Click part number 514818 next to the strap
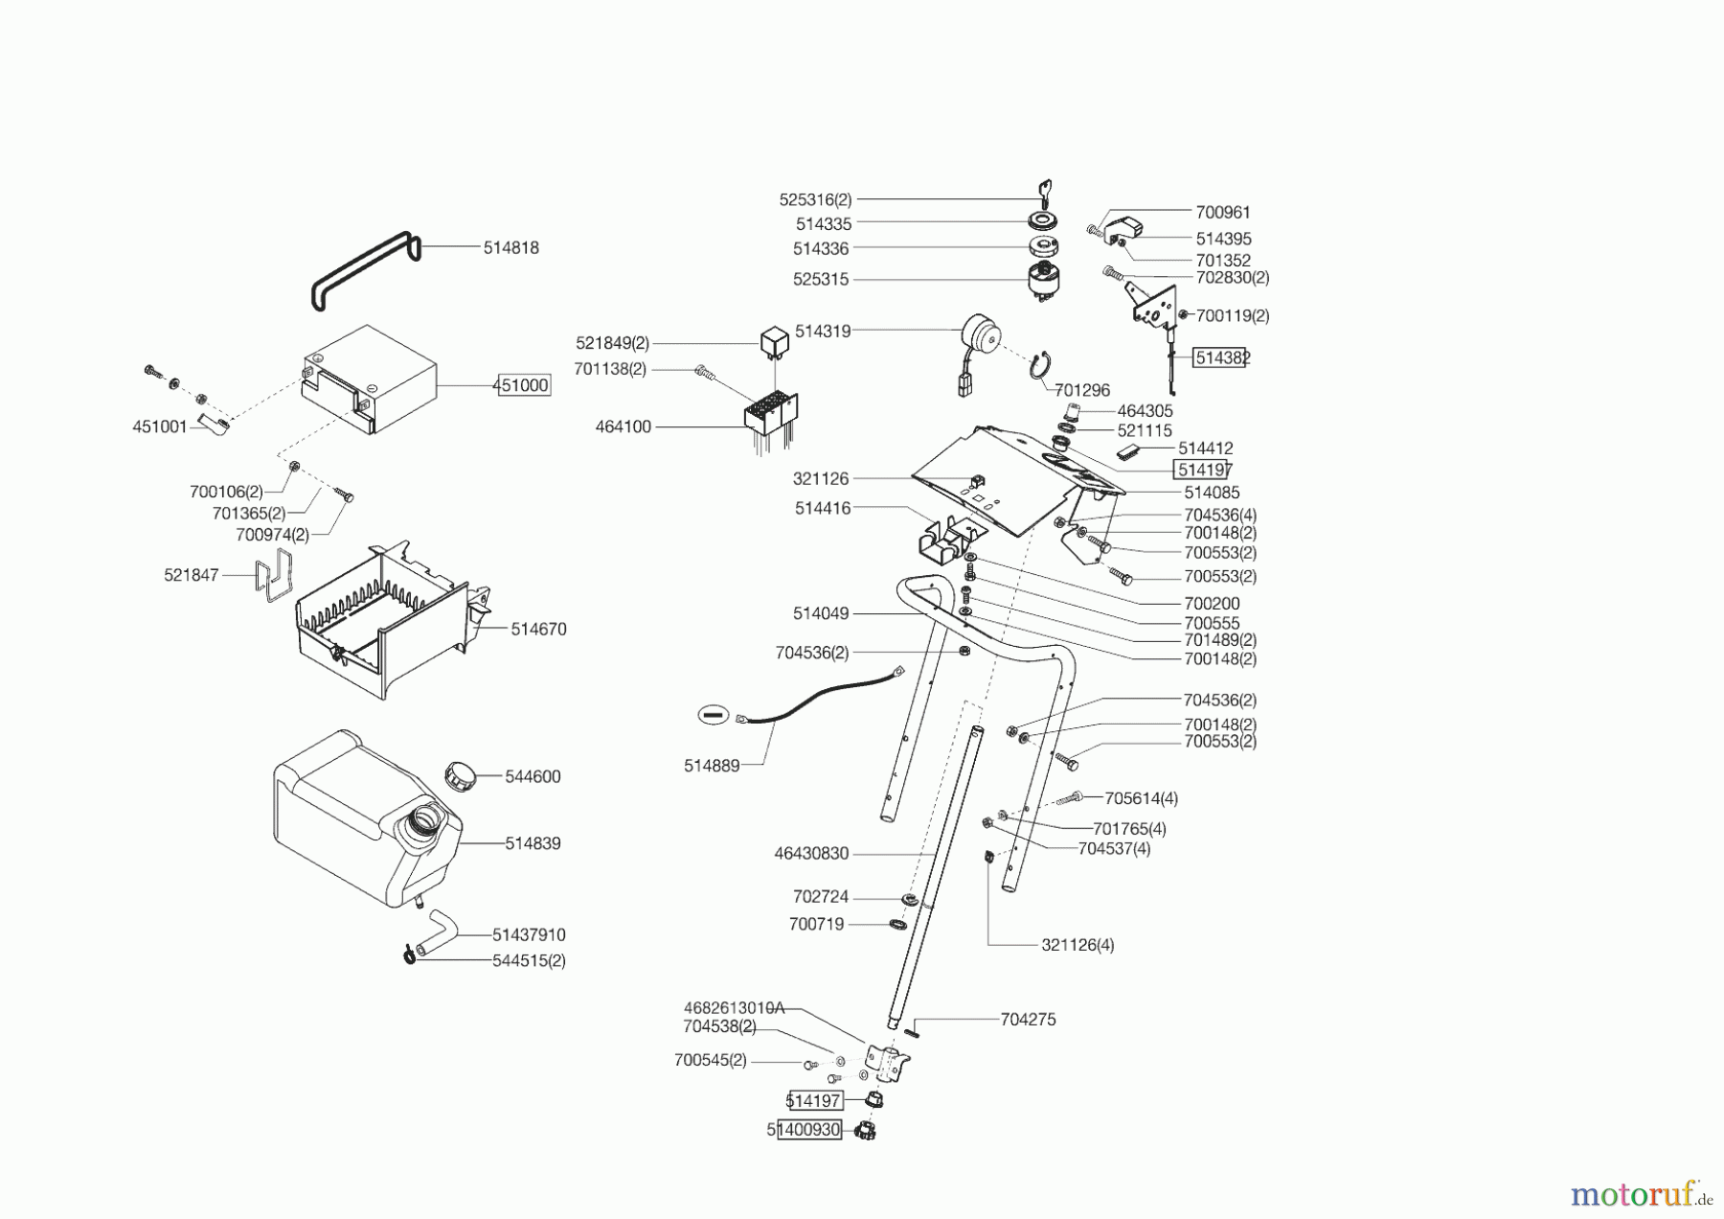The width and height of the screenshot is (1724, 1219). (510, 247)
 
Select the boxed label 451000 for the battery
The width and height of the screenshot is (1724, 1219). (523, 385)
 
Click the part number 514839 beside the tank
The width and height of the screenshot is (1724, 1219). (533, 843)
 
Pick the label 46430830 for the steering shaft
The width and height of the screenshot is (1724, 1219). (810, 853)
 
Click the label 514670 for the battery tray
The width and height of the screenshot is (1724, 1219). (538, 630)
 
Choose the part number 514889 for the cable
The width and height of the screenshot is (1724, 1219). (711, 766)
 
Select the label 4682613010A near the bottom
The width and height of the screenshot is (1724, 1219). (734, 1008)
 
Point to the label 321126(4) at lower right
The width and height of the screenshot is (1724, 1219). (1077, 945)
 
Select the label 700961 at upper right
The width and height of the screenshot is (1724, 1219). (1222, 213)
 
